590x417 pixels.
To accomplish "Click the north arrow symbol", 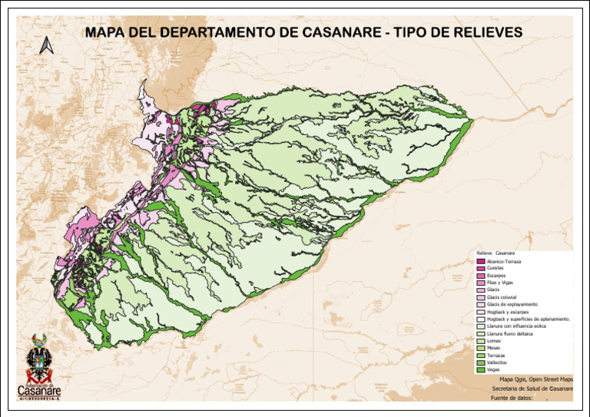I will (45, 45).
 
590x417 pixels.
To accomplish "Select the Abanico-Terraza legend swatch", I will (481, 261).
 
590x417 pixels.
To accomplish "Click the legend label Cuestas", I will (496, 268).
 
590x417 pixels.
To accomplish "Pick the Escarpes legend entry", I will (497, 275).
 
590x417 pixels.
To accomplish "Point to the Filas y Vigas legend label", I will (502, 283).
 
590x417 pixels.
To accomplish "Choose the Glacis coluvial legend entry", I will (502, 297).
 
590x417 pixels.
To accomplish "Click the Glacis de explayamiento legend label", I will (512, 304).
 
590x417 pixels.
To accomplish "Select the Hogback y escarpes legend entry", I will (508, 312).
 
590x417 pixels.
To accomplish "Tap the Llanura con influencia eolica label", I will (521, 326).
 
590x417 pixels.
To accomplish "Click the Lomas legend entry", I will (494, 341).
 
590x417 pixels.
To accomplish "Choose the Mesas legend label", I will (494, 348).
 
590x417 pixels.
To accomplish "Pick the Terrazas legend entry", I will (496, 356).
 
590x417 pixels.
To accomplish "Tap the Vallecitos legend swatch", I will (481, 362).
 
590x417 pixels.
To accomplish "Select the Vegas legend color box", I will (481, 370).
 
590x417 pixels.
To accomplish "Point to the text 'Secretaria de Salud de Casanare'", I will (532, 389).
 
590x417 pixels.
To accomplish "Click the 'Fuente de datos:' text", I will (511, 399).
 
